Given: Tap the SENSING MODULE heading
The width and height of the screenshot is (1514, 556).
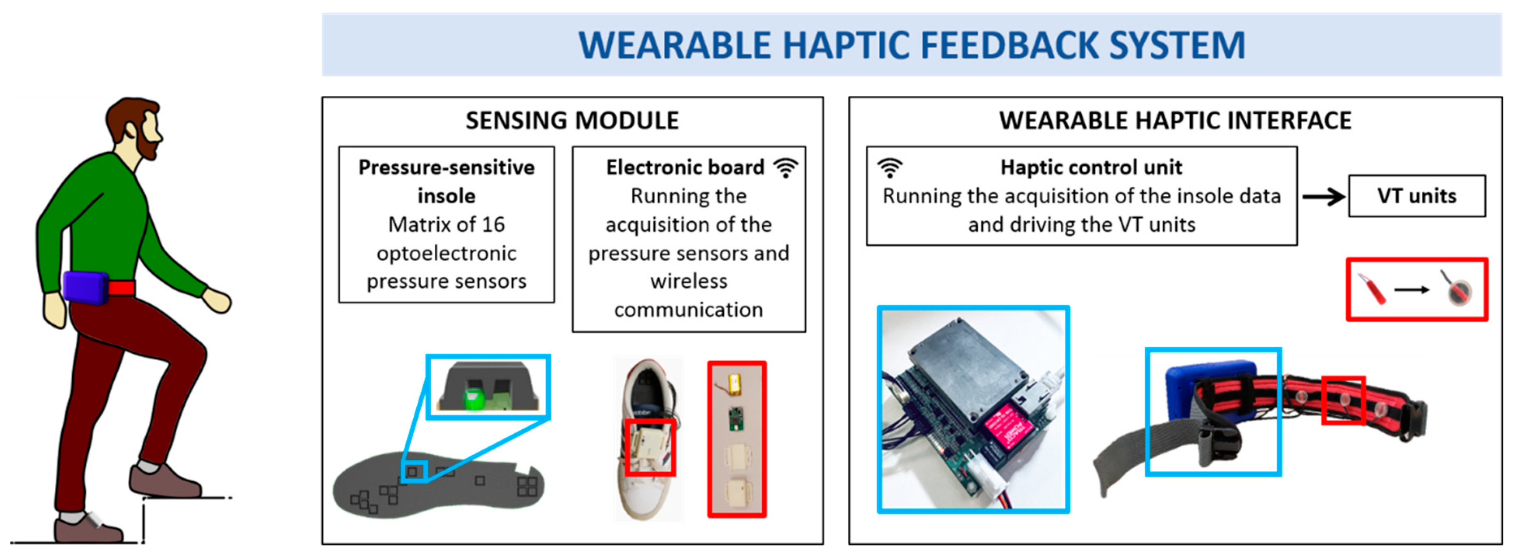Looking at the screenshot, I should coord(572,121).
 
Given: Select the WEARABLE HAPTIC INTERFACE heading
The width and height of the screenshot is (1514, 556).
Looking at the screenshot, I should coord(1175,121).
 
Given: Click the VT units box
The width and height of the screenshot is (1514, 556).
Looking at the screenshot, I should coord(1417,196).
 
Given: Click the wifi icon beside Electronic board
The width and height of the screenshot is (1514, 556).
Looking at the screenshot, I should coord(785,168).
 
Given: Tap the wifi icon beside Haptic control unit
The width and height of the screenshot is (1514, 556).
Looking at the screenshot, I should coord(890,168).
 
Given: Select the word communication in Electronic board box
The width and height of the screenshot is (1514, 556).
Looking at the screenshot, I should coord(688,310).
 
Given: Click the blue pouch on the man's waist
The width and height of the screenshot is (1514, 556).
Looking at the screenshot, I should coord(86,287).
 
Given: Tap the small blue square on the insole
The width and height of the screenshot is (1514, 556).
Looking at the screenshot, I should coord(414,471).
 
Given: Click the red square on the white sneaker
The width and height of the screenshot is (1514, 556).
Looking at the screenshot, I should coord(650,447).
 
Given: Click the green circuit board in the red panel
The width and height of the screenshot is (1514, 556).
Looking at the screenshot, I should coord(735,419).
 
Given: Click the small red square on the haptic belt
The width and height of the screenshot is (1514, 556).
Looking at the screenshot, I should coord(1343,400).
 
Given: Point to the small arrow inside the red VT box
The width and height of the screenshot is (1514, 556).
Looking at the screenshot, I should coord(1412,290).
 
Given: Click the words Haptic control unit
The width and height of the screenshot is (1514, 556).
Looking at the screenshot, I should coord(1091,168).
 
